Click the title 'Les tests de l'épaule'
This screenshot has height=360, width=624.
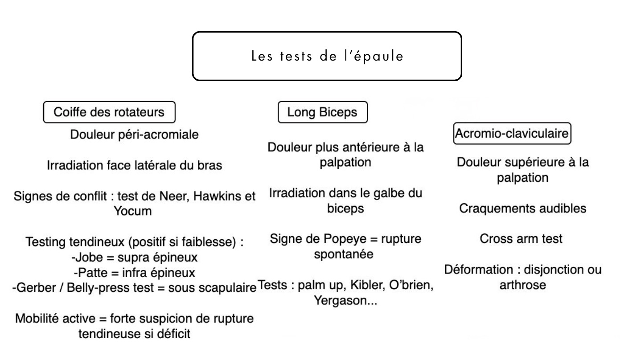click(x=327, y=57)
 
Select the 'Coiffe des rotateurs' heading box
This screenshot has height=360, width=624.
click(x=109, y=113)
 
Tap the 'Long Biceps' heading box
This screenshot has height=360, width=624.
click(x=322, y=112)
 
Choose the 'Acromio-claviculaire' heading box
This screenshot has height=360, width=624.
click(x=512, y=133)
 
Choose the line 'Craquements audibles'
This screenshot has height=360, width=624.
click(x=521, y=209)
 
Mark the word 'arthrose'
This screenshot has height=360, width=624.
click(x=521, y=285)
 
